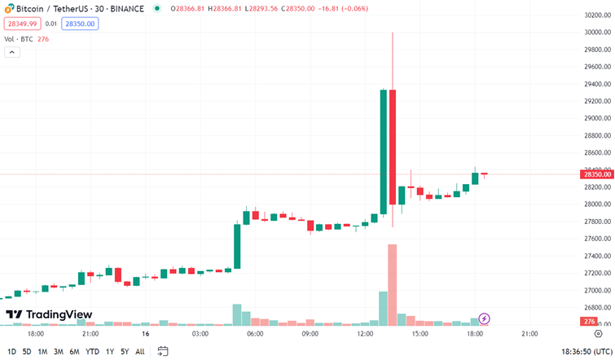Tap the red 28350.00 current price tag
(597, 174)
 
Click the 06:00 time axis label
(255, 333)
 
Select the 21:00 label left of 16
(90, 333)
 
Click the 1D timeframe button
(11, 351)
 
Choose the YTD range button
(91, 351)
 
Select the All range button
(140, 351)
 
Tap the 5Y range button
(125, 351)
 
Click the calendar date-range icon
(163, 351)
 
